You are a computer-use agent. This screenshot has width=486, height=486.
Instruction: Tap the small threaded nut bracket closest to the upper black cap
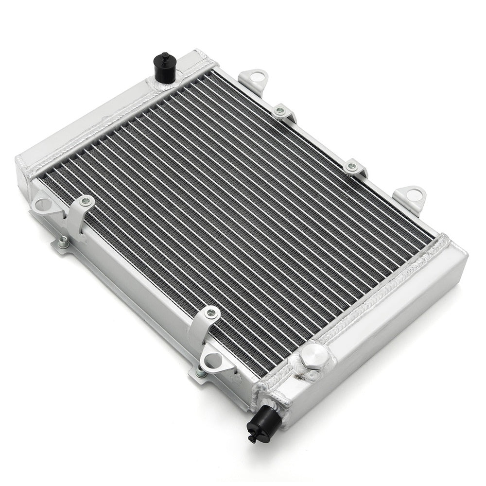point(281,111)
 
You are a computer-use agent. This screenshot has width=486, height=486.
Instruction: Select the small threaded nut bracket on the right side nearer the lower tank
point(352,167)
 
